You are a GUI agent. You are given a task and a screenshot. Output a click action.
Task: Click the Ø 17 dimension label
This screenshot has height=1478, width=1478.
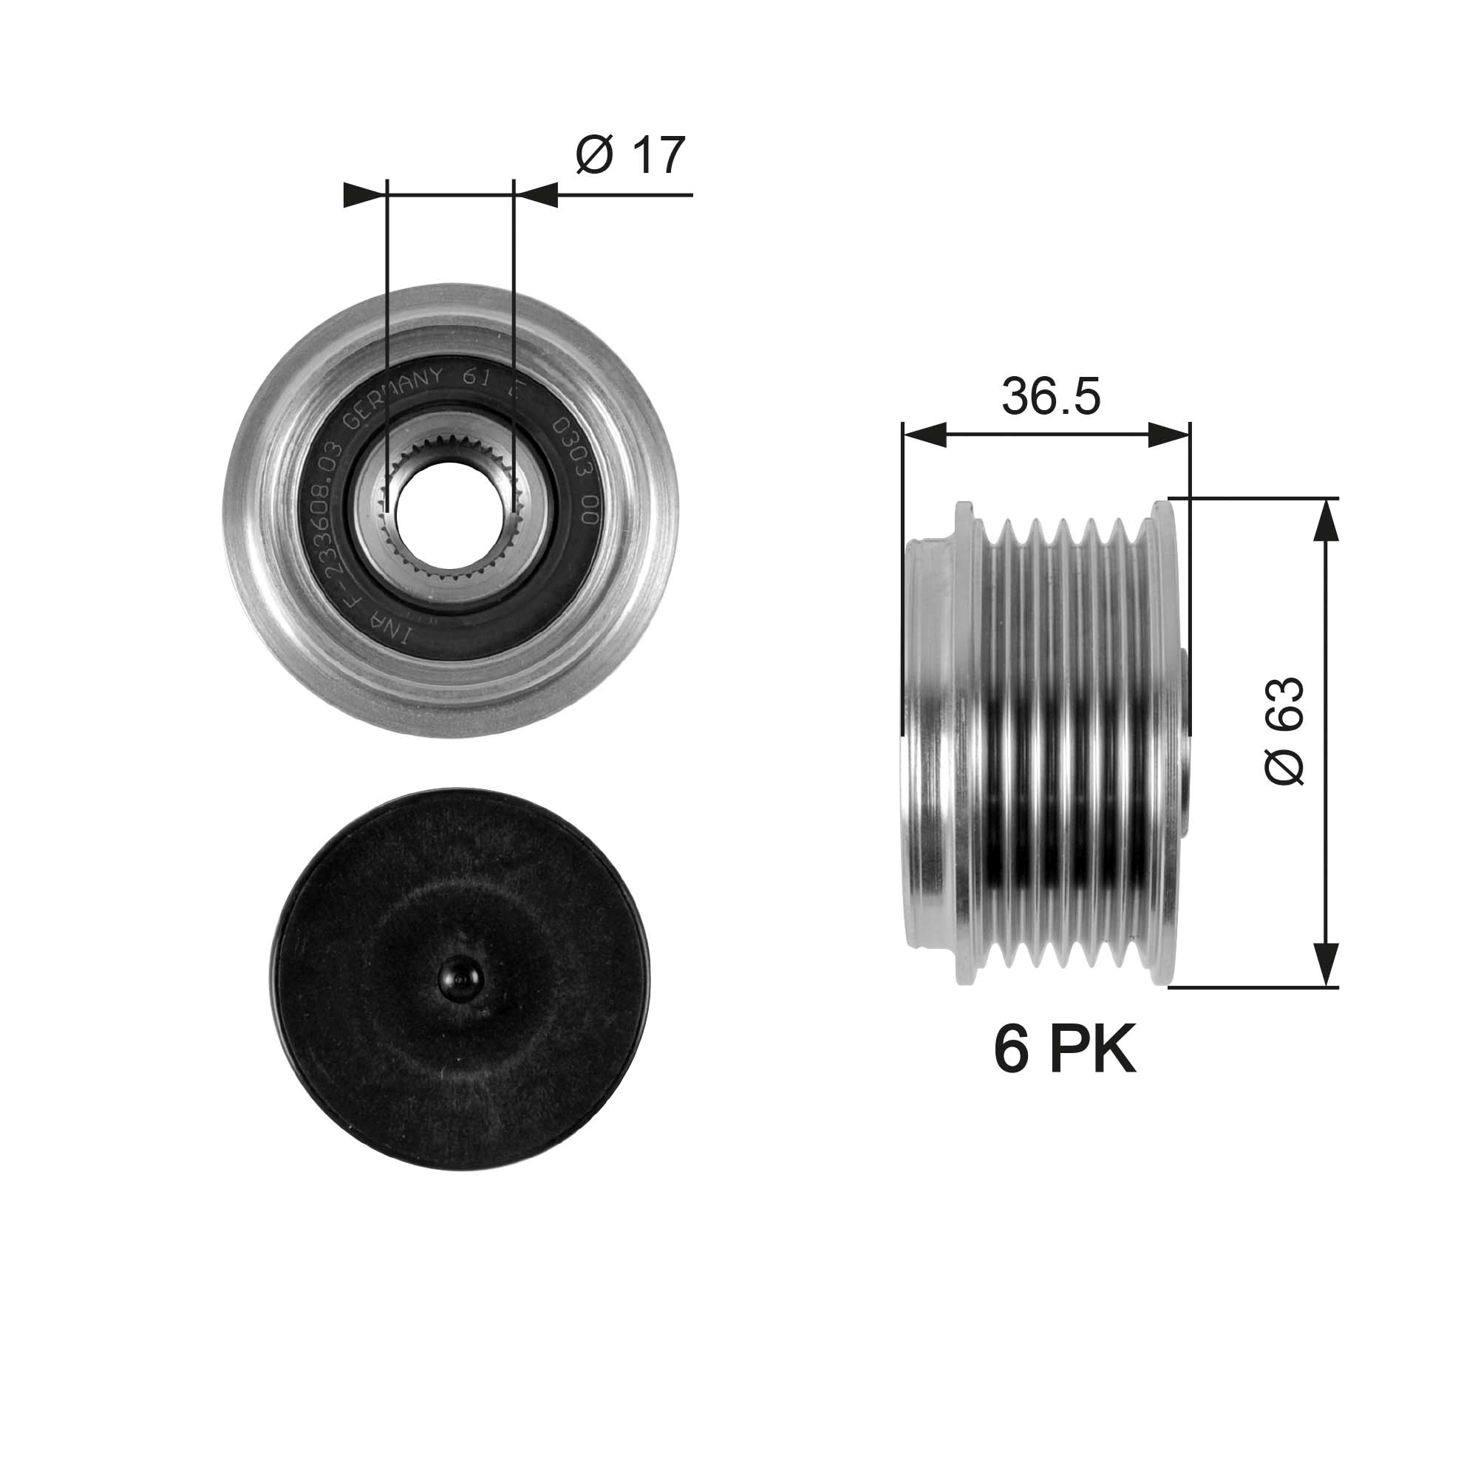630,155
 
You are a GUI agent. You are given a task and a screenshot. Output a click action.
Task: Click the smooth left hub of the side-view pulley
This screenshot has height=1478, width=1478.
927,742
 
